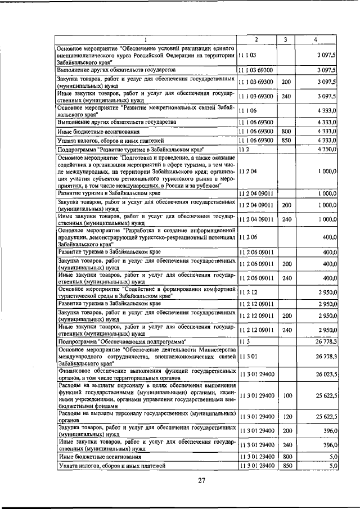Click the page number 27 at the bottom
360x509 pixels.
pos(202,480)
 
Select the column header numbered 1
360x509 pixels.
pos(145,39)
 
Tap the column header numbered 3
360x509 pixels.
pos(286,39)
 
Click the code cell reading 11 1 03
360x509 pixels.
pos(247,56)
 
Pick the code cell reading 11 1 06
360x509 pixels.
pos(247,111)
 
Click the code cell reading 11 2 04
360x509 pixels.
pos(247,171)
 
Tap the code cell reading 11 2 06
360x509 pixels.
pos(247,238)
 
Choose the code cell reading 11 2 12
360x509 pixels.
pos(247,292)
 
